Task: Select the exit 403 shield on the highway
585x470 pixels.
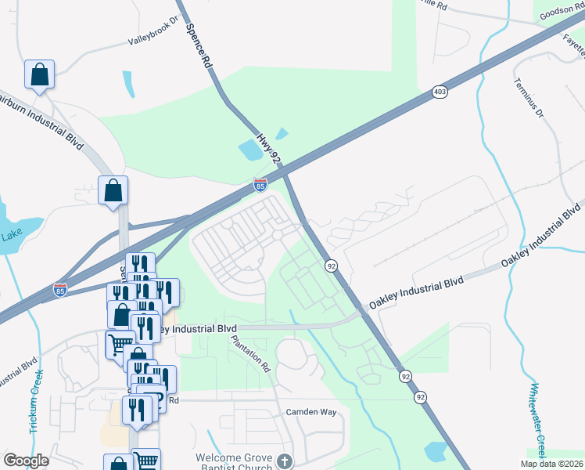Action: click(440, 92)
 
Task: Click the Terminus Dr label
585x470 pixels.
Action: click(528, 98)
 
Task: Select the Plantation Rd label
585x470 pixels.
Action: click(251, 355)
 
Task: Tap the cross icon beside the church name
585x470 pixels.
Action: click(285, 461)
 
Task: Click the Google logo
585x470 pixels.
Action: click(26, 461)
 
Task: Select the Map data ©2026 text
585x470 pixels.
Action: click(551, 464)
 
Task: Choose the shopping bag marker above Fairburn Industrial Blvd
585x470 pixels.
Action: click(39, 75)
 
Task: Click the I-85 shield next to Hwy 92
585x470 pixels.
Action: click(260, 185)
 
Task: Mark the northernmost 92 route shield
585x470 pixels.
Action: click(332, 266)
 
